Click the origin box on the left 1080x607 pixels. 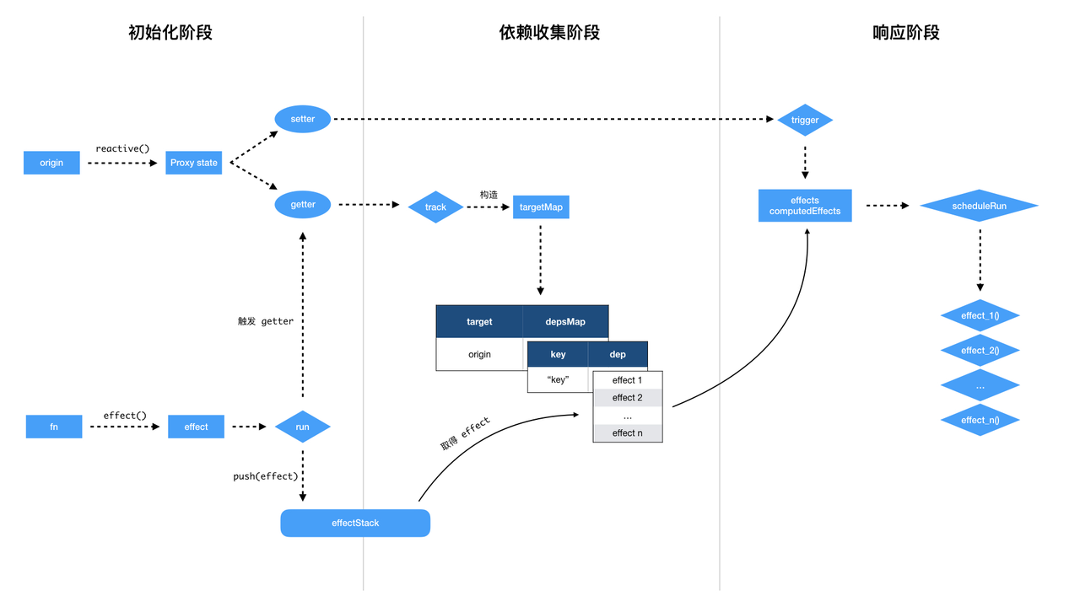point(51,163)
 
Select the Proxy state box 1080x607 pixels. point(194,163)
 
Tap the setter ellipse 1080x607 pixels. point(303,119)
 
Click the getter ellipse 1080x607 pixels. point(303,204)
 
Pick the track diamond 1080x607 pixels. point(435,207)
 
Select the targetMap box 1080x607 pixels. point(541,207)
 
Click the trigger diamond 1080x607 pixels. point(805,120)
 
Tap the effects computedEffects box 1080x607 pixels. point(805,206)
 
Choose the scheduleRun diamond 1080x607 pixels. point(979,206)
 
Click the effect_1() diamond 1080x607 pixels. point(980,315)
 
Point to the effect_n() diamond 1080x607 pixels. point(980,420)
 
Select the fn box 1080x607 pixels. point(54,427)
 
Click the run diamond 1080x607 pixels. point(302,427)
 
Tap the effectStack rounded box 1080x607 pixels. point(355,523)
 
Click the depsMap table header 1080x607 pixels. point(565,321)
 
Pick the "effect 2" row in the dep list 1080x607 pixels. point(628,398)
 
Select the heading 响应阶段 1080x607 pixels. point(906,33)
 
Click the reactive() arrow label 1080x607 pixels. point(122,148)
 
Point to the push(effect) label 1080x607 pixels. point(266,476)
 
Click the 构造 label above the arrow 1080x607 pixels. point(489,194)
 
